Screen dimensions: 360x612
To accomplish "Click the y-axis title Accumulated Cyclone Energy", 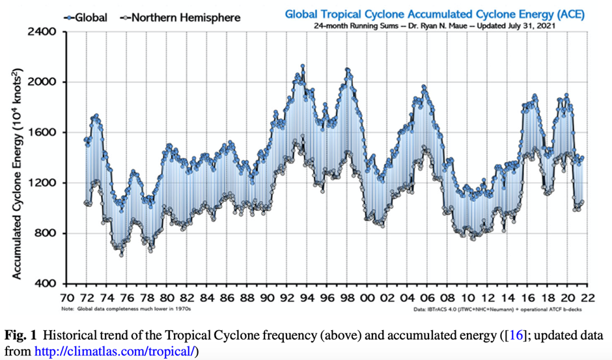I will point(19,157).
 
